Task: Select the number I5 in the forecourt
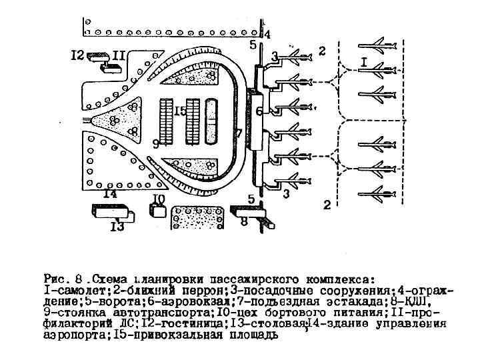(179, 111)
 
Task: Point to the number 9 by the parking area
(155, 143)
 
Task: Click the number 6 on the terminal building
(259, 112)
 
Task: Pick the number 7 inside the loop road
(238, 133)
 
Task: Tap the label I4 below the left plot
(110, 194)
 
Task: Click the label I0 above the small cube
(158, 199)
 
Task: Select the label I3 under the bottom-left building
(117, 227)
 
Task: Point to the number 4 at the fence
(267, 34)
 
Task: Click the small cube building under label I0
(159, 211)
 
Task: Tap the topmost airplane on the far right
(375, 45)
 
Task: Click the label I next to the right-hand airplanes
(364, 61)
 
